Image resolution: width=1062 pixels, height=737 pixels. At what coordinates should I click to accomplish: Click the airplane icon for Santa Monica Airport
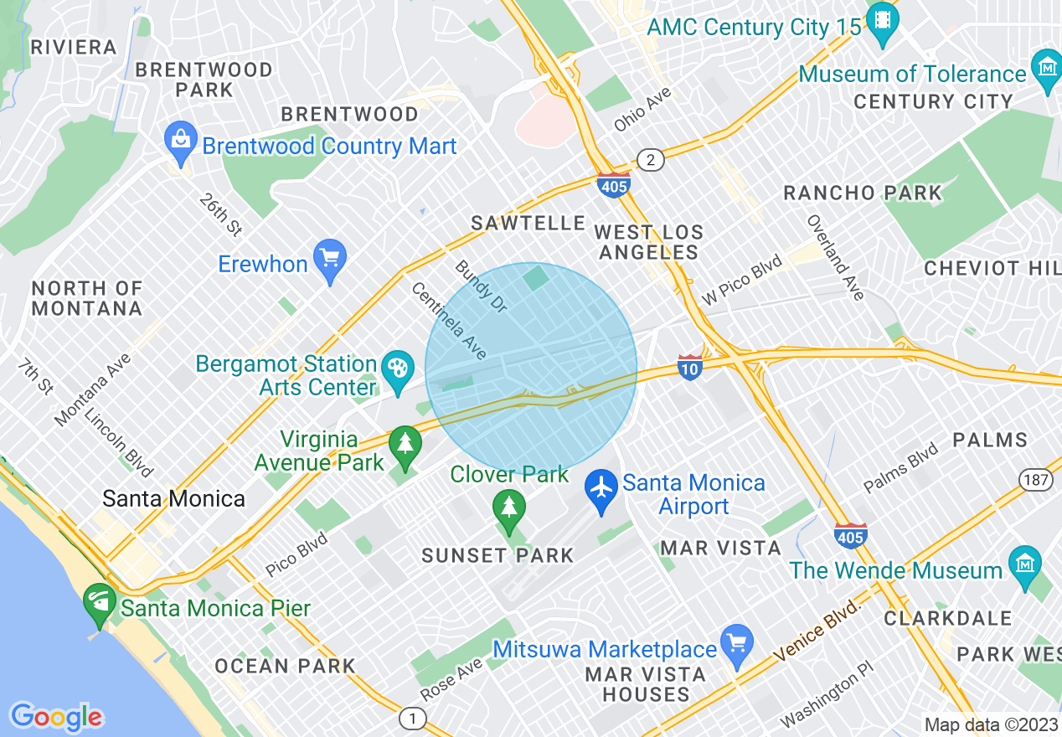pyautogui.click(x=601, y=486)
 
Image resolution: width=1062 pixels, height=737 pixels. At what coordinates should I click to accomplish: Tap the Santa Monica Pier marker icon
pyautogui.click(x=100, y=602)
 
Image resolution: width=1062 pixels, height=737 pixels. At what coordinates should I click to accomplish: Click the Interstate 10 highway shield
pyautogui.click(x=689, y=366)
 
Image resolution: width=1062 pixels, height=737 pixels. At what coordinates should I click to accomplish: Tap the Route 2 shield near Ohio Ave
pyautogui.click(x=650, y=159)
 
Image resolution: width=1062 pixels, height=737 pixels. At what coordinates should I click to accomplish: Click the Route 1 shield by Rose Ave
pyautogui.click(x=411, y=718)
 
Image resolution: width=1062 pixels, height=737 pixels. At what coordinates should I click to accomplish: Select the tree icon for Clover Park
pyautogui.click(x=508, y=506)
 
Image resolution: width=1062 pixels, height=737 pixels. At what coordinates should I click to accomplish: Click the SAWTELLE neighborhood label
pyautogui.click(x=528, y=223)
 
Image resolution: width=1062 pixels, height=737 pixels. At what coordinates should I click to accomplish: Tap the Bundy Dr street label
pyautogui.click(x=481, y=286)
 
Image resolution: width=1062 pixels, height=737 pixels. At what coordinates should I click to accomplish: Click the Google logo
pyautogui.click(x=56, y=717)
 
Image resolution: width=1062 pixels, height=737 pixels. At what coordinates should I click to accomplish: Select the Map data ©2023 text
pyautogui.click(x=990, y=724)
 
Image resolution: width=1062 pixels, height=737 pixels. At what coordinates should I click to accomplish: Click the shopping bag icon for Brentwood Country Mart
pyautogui.click(x=179, y=139)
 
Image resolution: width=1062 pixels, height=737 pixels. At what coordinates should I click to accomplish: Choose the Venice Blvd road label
pyautogui.click(x=817, y=630)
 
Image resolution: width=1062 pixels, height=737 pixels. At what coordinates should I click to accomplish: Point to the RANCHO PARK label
pyautogui.click(x=863, y=193)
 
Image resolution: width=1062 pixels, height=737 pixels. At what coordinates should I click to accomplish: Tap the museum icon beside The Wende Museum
pyautogui.click(x=1024, y=564)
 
